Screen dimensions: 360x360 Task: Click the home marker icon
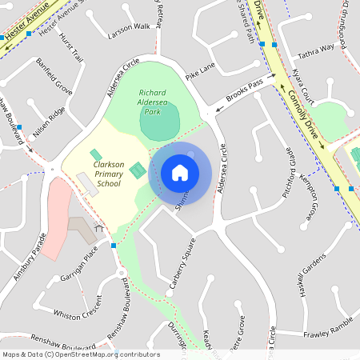pos(180,172)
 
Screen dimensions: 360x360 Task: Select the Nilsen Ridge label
pos(50,122)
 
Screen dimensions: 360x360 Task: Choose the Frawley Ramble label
pos(328,326)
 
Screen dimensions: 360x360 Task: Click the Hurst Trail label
pos(72,46)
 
